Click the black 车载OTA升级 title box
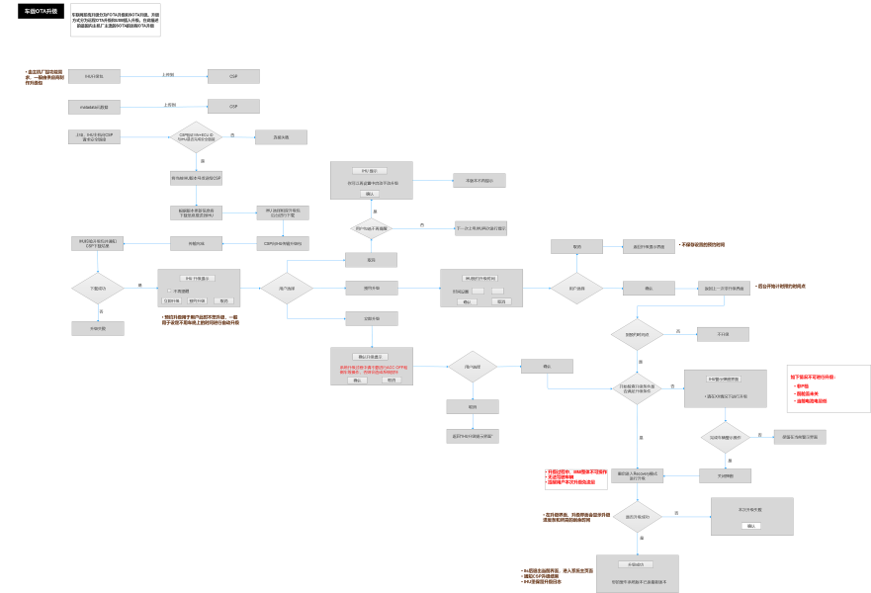pos(41,11)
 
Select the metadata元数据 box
pos(95,106)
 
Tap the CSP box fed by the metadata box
pos(233,106)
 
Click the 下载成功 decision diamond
pos(97,288)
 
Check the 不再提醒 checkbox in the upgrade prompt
pos(169,291)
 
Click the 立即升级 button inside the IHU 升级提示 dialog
pos(172,300)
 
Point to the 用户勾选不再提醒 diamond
pos(372,228)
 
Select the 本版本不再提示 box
pos(479,181)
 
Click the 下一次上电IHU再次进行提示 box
pos(480,228)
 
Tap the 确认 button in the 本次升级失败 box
pos(751,526)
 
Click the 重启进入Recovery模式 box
pos(637,475)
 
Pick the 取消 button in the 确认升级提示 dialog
pos(392,380)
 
